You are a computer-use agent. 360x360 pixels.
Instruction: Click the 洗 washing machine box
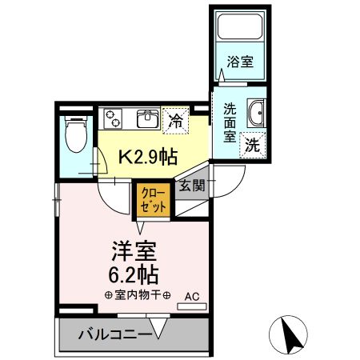(x=252, y=146)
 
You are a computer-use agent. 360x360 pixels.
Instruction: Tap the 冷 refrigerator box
(x=174, y=122)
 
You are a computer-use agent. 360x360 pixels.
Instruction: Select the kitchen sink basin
(x=147, y=119)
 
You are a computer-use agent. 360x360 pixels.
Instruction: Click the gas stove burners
(x=117, y=119)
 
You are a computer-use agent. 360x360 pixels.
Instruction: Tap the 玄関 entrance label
(x=192, y=186)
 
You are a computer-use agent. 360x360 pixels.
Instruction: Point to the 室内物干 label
(x=138, y=297)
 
